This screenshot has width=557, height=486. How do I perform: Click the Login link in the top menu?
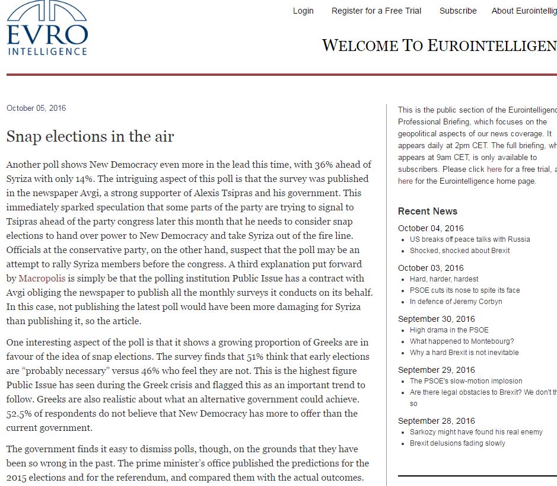(x=303, y=11)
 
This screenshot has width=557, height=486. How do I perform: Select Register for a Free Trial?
(x=376, y=11)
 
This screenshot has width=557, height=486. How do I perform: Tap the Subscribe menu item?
(x=458, y=11)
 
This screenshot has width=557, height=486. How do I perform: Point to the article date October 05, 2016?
(x=36, y=108)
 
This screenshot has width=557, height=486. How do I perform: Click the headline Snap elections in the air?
(x=90, y=137)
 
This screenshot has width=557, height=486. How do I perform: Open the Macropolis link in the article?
(x=42, y=278)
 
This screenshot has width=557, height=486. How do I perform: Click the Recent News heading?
(x=428, y=211)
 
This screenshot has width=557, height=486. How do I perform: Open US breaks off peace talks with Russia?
(x=470, y=239)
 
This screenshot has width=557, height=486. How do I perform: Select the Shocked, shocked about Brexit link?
(x=460, y=250)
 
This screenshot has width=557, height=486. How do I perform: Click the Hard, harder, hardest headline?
(x=444, y=279)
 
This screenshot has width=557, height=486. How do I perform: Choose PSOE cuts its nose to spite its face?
(x=464, y=290)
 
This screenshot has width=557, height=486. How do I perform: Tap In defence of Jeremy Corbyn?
(x=456, y=301)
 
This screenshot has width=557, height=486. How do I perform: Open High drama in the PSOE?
(x=449, y=330)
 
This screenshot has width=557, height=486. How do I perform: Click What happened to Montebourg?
(x=461, y=341)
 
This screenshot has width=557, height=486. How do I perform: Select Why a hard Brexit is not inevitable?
(x=464, y=352)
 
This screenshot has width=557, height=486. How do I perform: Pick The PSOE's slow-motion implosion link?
(x=466, y=381)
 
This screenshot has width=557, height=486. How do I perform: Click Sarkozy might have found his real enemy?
(x=476, y=432)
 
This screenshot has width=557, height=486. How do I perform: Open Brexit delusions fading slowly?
(x=457, y=443)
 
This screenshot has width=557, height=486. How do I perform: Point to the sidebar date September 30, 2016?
(x=437, y=319)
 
